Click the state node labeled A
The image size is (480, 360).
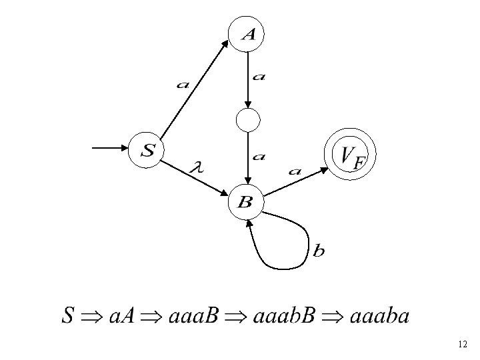[x=247, y=35]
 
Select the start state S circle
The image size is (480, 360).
[x=147, y=150]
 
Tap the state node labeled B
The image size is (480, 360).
[x=245, y=201]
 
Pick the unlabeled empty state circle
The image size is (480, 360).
[x=247, y=121]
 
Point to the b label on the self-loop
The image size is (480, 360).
[x=319, y=251]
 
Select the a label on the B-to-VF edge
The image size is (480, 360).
[x=295, y=171]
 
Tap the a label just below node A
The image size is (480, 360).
[x=259, y=77]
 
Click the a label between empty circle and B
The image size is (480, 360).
[x=259, y=157]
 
